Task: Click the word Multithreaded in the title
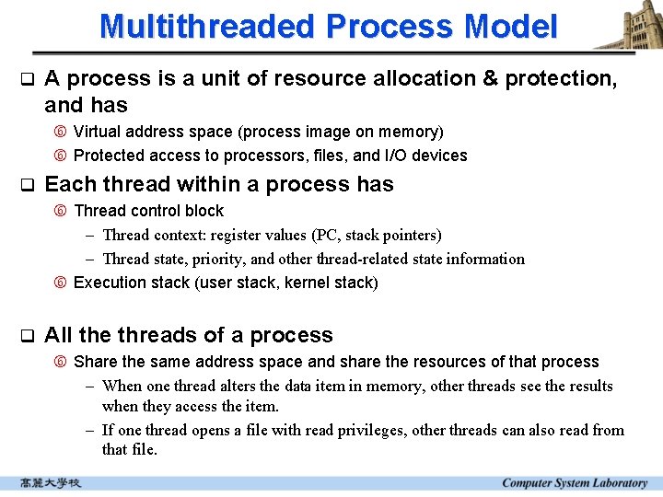[205, 26]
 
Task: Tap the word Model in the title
[511, 26]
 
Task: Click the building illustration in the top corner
[630, 26]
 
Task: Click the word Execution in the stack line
[110, 283]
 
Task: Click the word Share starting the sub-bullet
[94, 362]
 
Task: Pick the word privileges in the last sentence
[371, 430]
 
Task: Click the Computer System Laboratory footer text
[574, 483]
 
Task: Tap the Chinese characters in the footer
[52, 483]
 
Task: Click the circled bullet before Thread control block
[61, 212]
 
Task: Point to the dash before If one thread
[91, 430]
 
